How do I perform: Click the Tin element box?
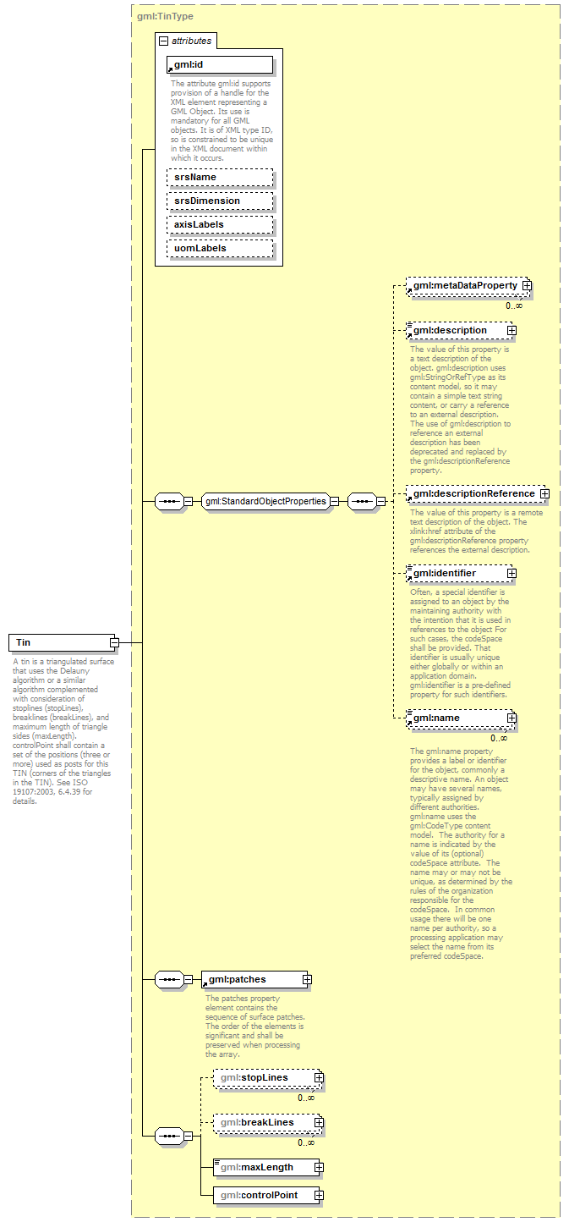tap(59, 642)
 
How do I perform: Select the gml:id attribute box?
tap(220, 64)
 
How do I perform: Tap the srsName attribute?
tap(220, 177)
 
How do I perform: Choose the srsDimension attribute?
tap(220, 201)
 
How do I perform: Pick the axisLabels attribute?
tap(220, 224)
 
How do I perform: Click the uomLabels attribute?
tap(220, 248)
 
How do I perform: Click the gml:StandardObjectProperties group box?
tap(265, 501)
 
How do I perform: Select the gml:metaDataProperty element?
tap(464, 286)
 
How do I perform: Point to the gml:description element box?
tap(457, 330)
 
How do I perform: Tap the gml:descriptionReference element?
tap(473, 493)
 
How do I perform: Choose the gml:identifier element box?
tap(457, 573)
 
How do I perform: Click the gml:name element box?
tap(457, 718)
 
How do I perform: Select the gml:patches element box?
tap(253, 979)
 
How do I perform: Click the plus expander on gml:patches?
tap(307, 979)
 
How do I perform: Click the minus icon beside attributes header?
tap(163, 40)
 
